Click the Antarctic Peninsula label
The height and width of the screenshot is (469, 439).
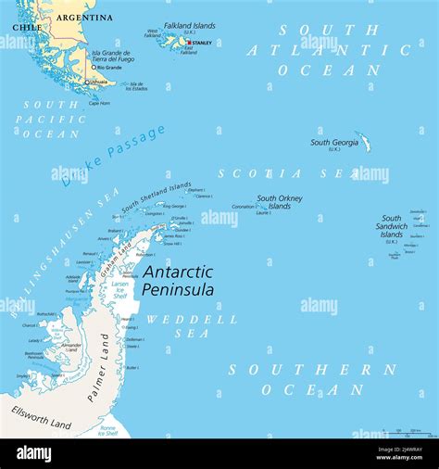click(x=178, y=281)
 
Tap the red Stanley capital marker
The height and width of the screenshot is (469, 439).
click(x=189, y=43)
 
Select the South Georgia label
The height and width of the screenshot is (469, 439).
click(x=333, y=143)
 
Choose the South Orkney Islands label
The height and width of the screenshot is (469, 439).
click(x=279, y=202)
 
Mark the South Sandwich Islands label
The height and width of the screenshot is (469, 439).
click(x=391, y=227)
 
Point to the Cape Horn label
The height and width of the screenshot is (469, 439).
click(x=99, y=103)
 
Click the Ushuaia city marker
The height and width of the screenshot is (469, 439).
click(x=87, y=82)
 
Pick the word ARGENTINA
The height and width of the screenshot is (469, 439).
click(x=84, y=18)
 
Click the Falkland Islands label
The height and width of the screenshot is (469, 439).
click(x=189, y=26)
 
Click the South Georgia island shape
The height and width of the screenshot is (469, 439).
click(x=362, y=142)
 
